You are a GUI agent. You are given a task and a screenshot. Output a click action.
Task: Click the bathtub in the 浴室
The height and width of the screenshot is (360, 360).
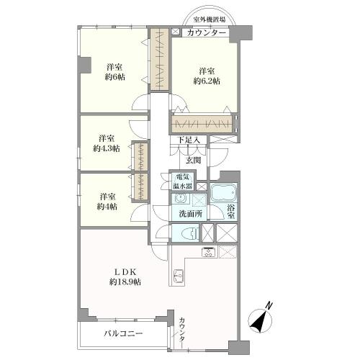(x=225, y=194)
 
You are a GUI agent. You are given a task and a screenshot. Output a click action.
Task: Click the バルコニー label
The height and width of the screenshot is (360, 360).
(x=122, y=333)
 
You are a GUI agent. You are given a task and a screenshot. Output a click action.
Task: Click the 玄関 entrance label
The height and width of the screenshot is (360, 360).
(x=194, y=160)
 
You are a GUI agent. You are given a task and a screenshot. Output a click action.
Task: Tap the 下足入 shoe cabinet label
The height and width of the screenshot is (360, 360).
(x=189, y=140)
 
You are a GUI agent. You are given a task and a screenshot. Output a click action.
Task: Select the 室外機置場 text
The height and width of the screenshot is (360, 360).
(x=209, y=21)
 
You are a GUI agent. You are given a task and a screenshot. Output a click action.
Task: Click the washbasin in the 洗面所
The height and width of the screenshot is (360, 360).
(x=181, y=199)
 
